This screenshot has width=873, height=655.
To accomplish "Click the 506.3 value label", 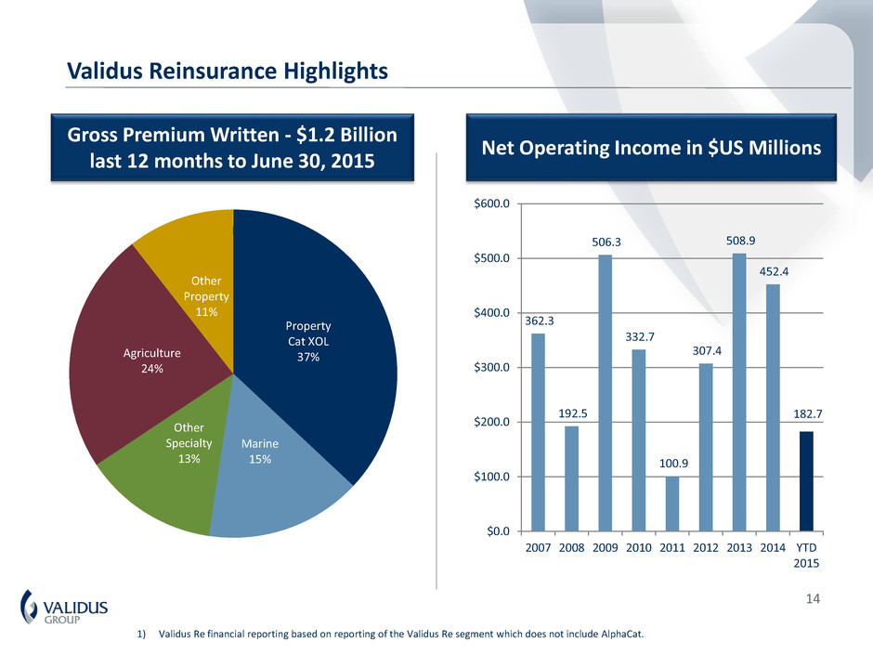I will pos(605,242).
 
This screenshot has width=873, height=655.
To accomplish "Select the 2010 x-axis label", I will pos(638,547).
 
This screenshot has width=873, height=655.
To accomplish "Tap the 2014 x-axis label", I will pos(773,547).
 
